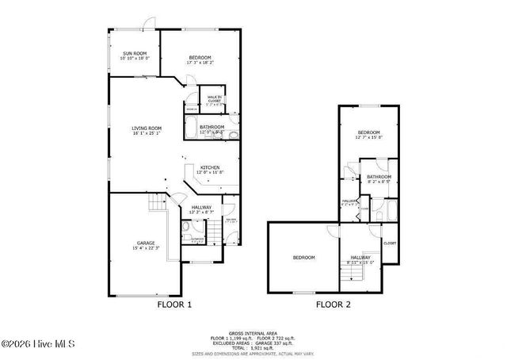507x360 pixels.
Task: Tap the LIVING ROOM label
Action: click(147, 128)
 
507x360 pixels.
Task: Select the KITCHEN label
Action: click(210, 167)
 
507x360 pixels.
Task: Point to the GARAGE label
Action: click(145, 243)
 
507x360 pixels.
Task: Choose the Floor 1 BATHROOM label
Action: click(212, 127)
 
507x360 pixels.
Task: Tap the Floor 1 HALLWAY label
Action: click(201, 207)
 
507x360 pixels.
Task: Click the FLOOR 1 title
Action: click(174, 304)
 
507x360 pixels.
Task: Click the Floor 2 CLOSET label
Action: click(390, 243)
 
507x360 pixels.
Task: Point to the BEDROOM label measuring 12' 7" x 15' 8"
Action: click(368, 132)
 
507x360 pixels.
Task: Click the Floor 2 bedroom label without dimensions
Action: click(304, 258)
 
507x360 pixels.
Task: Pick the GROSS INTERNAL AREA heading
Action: click(253, 332)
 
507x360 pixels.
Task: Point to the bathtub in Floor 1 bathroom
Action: click(193, 126)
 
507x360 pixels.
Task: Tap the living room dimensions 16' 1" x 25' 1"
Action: click(147, 133)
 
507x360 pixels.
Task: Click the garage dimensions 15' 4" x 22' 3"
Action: click(145, 248)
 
